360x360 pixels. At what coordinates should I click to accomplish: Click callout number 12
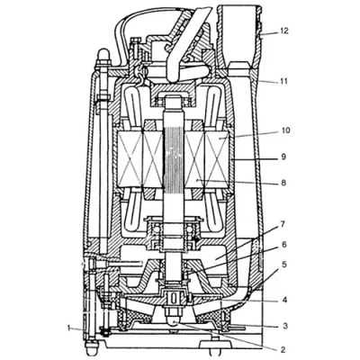point(283,31)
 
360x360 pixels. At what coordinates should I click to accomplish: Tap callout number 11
point(283,81)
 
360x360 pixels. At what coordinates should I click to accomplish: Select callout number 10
point(285,130)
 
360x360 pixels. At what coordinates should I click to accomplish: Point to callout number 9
point(283,157)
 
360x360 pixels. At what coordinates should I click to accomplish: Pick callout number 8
point(283,182)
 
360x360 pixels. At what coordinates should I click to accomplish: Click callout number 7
point(283,223)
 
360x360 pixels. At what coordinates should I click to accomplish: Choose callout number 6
point(283,245)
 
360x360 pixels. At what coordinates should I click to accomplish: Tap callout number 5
point(284,265)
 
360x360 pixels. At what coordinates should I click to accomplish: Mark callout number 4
point(284,300)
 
